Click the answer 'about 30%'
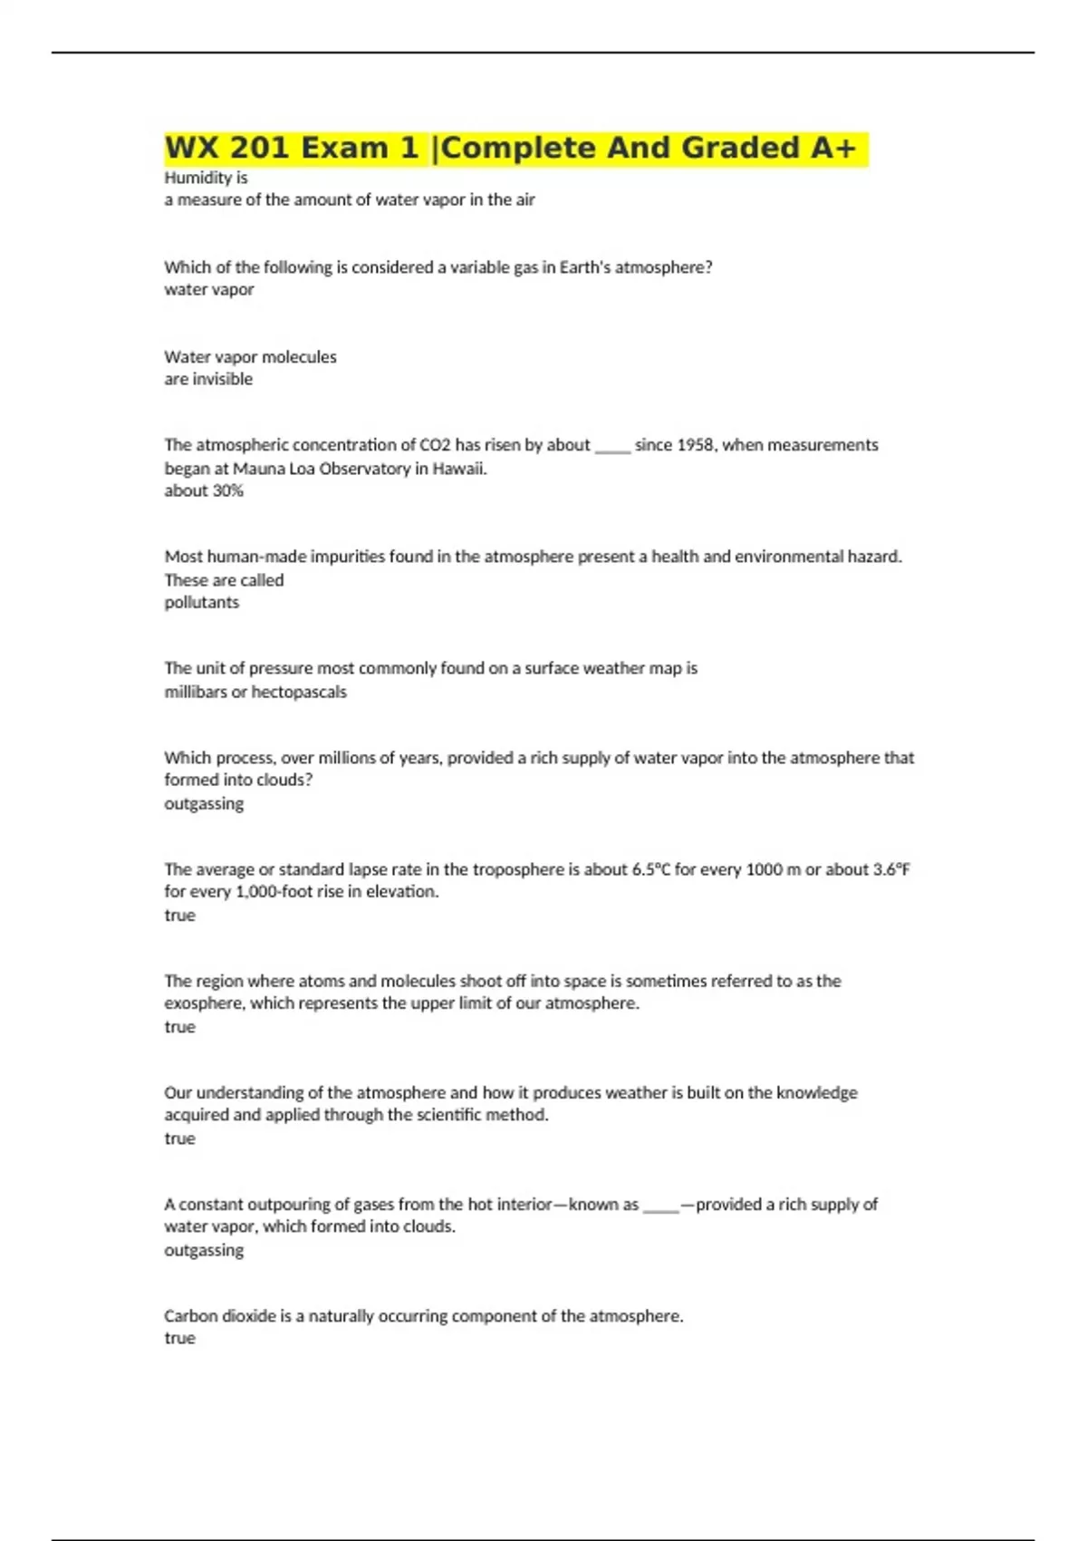click(204, 490)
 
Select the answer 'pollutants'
click(201, 602)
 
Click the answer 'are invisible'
click(208, 379)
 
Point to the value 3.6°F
click(891, 869)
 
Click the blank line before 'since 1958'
click(612, 447)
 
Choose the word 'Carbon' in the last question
click(191, 1315)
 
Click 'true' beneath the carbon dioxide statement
click(179, 1338)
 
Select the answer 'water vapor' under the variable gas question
click(208, 289)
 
